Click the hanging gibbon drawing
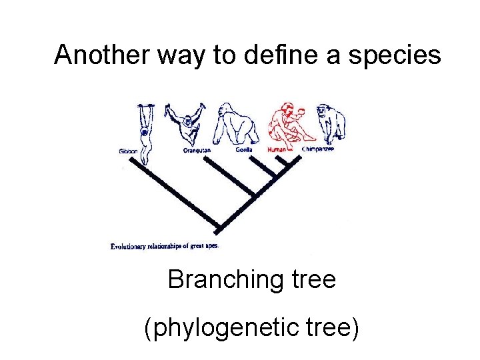coord(143,127)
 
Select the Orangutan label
coord(197,151)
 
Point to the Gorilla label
coord(243,150)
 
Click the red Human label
coord(276,150)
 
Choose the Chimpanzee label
coord(318,149)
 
